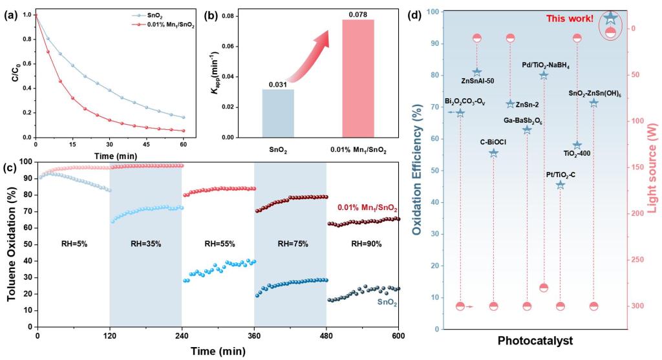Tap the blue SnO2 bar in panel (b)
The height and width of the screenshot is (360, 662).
pos(279,113)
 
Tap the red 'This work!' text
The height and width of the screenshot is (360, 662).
pos(570,18)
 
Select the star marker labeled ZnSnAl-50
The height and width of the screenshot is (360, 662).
pos(477,72)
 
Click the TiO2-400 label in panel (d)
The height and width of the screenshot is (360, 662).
pos(577,154)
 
